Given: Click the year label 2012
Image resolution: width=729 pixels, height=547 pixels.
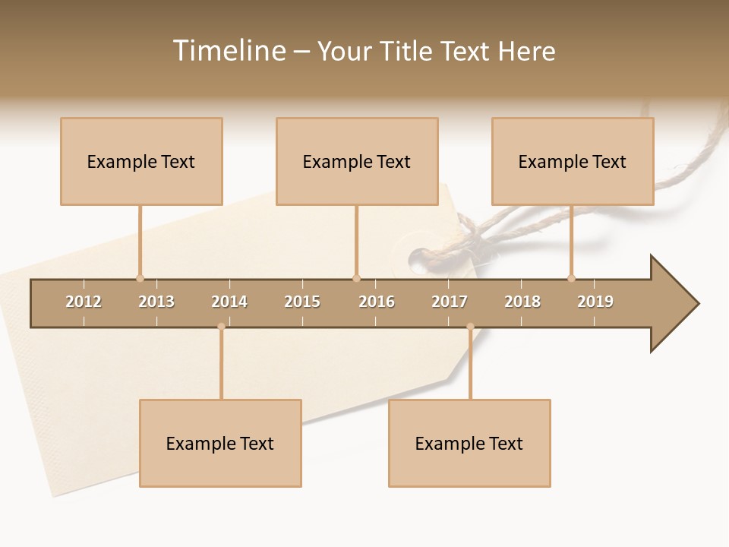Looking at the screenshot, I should (x=84, y=302).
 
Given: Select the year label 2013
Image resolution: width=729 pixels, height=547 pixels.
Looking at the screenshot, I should (x=156, y=302).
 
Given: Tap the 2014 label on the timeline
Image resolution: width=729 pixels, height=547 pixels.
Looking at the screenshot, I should (x=229, y=302).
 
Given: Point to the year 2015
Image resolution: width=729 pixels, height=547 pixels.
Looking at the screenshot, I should (x=302, y=302).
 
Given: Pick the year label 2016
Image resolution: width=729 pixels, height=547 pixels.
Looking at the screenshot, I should (x=377, y=302).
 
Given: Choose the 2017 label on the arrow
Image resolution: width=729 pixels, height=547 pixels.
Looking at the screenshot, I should (x=450, y=302).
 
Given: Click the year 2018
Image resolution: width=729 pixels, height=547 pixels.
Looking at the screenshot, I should (x=522, y=302).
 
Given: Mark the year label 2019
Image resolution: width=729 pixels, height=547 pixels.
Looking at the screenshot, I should (x=595, y=302).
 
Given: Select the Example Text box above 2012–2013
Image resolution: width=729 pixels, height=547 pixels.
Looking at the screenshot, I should (x=141, y=161).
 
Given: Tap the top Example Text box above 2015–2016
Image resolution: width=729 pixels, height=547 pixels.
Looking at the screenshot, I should (x=357, y=161).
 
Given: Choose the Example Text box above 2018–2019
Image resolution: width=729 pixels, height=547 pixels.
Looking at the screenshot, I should (x=573, y=161).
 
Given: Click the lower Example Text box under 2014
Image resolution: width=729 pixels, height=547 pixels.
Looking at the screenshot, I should (x=220, y=443).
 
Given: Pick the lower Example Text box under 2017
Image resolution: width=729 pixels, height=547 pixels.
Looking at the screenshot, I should (x=469, y=443).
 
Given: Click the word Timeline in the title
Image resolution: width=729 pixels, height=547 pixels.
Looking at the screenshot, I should (x=228, y=51).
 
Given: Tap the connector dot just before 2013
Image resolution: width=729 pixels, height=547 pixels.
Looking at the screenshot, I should (x=140, y=278).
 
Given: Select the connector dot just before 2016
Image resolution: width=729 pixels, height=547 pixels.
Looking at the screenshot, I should (x=356, y=278).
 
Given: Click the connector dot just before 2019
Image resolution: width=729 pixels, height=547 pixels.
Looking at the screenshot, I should (x=571, y=278).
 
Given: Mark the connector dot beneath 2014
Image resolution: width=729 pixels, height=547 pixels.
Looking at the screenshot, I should (x=221, y=327).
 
